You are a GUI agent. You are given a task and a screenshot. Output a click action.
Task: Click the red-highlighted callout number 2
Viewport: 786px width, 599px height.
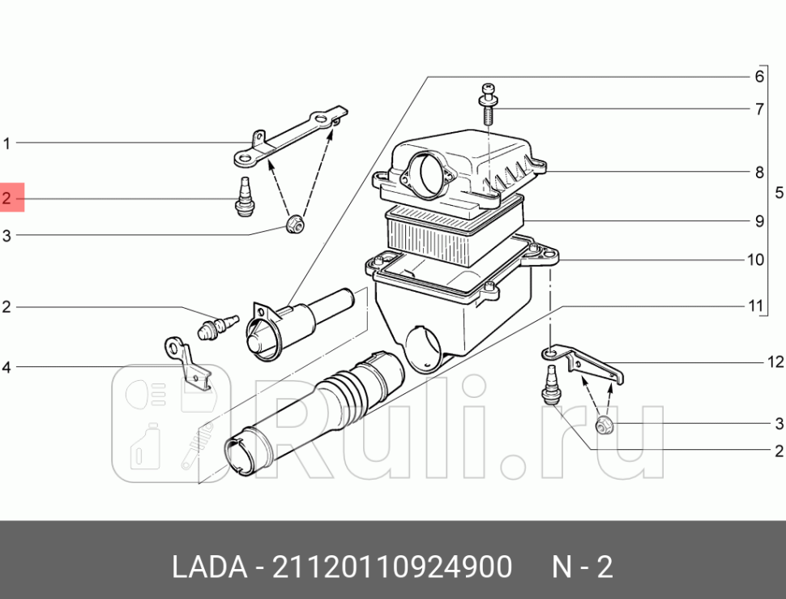coord(6,198)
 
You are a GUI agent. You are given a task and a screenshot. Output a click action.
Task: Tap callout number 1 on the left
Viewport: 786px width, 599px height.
coord(6,143)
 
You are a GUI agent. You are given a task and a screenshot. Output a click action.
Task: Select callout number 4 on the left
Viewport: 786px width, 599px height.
coord(6,367)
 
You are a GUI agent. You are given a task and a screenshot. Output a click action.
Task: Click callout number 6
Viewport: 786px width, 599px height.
coord(759,76)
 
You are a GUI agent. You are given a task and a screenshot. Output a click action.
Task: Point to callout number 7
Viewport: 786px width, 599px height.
coord(759,109)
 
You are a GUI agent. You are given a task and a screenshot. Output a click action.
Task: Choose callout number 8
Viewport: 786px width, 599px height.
coord(759,173)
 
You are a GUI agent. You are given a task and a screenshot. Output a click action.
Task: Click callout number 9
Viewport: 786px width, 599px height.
coord(759,221)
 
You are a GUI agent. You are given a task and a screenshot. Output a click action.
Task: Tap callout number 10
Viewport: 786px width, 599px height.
coord(755,259)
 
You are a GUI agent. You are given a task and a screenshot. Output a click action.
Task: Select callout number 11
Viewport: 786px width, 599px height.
coord(755,306)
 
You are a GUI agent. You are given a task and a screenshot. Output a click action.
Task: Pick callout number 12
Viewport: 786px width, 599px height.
coord(775,362)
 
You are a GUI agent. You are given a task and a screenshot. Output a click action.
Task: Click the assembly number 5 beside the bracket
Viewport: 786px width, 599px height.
coord(779,192)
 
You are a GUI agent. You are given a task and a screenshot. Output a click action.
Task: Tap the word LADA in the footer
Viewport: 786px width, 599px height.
coord(210,567)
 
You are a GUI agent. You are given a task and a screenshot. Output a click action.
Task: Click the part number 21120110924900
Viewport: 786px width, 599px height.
coord(392,567)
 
